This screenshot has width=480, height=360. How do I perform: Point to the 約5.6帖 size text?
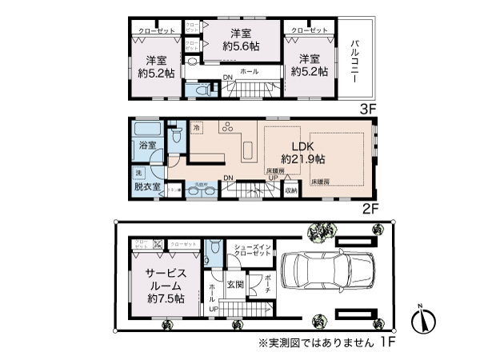coord(238,46)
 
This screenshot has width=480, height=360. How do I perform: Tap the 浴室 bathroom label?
coord(146,145)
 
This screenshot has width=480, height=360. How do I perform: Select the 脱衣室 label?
coord(147,187)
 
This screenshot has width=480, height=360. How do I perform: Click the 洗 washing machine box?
coord(138,173)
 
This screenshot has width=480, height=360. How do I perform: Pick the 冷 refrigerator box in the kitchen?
coord(197,128)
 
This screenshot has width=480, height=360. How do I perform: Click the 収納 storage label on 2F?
coord(291,190)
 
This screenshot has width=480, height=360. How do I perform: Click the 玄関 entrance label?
coord(234,283)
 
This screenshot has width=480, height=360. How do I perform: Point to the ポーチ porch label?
coord(266,284)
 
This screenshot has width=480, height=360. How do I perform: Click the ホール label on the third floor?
coord(248,70)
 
